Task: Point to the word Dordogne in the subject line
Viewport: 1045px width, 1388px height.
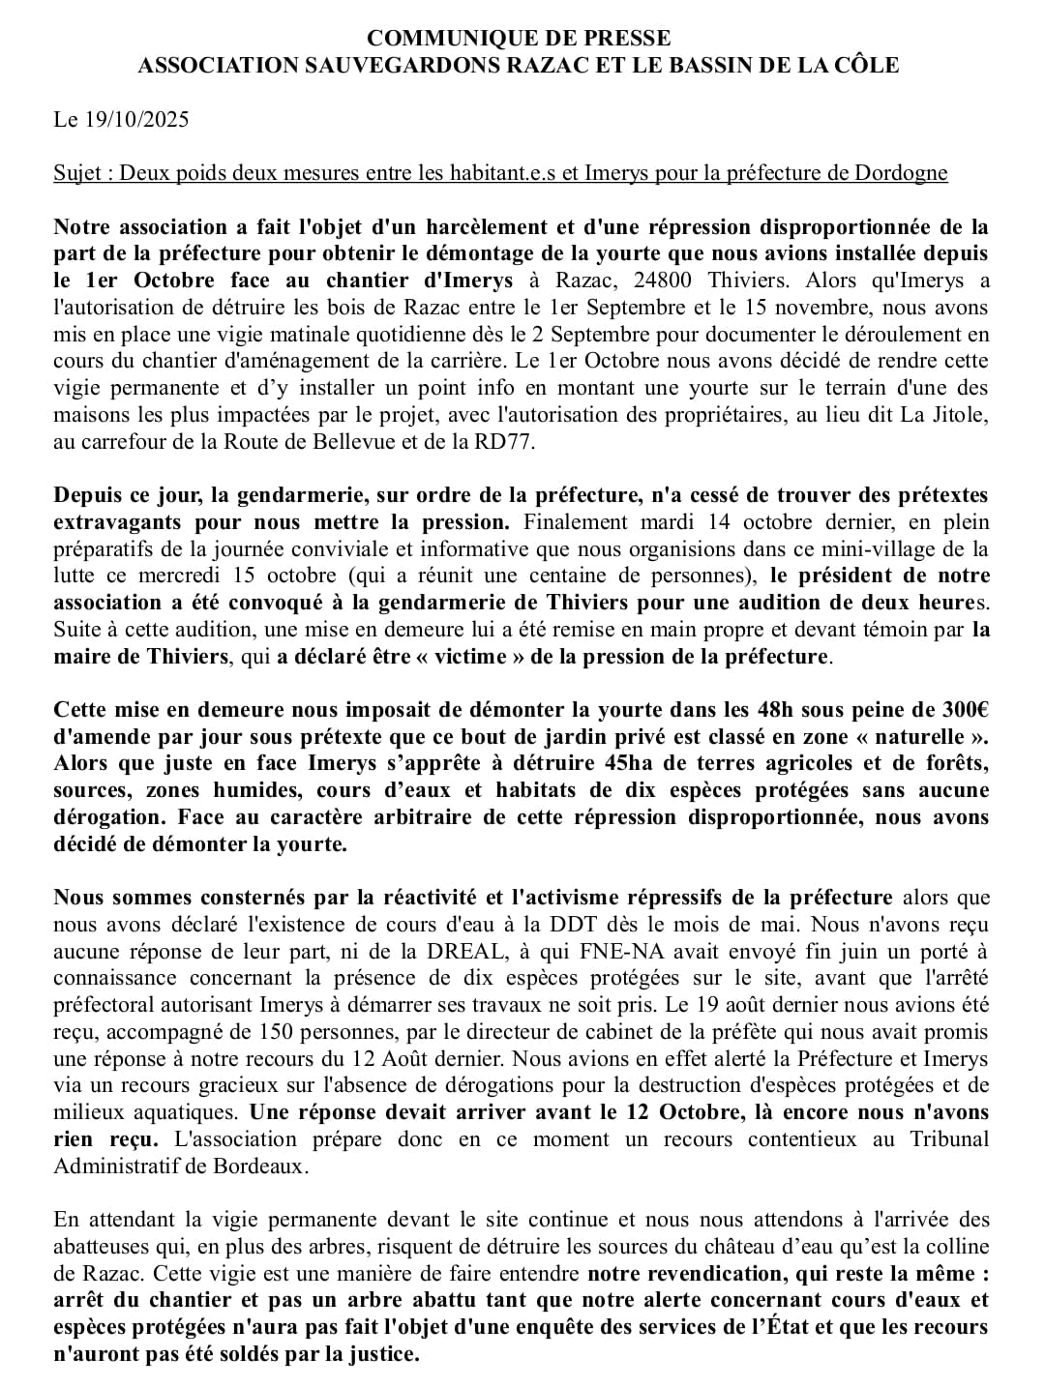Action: coord(901,173)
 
